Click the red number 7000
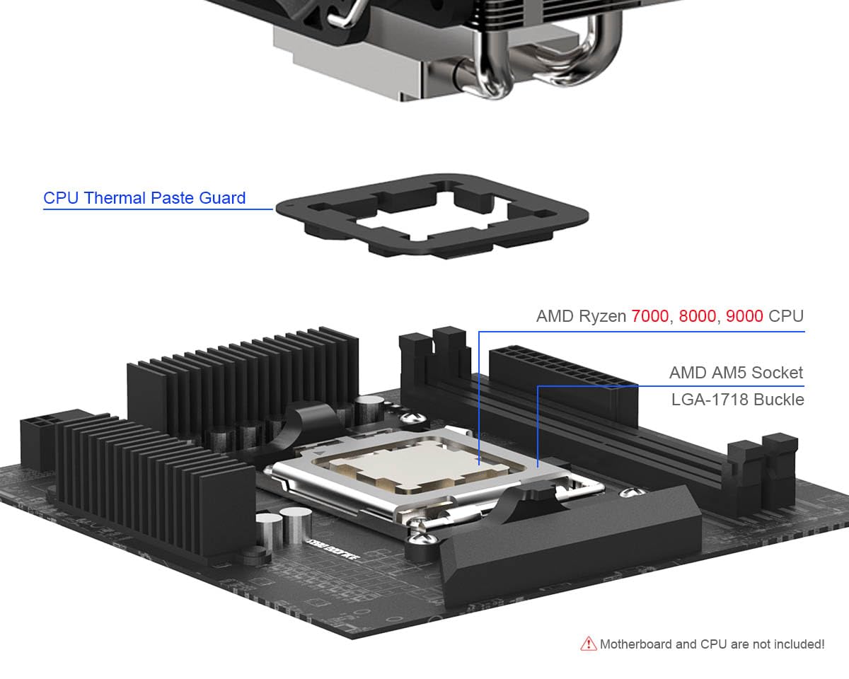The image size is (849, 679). [649, 316]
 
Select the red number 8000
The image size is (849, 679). [697, 316]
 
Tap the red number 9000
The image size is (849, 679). [744, 316]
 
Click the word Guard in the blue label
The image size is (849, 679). [222, 198]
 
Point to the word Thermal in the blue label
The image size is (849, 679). [115, 198]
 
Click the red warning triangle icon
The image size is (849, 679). [588, 644]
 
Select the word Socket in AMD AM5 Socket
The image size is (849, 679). [778, 373]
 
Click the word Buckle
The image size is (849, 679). [779, 400]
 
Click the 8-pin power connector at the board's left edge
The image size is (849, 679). [37, 438]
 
